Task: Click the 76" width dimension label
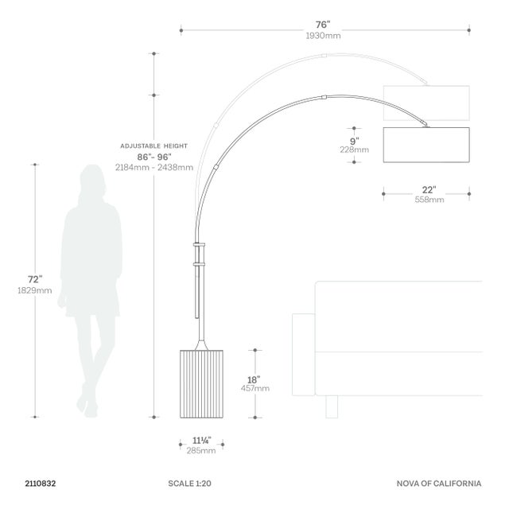coord(323,25)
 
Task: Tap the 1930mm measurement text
coord(323,36)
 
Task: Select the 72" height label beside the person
coord(35,279)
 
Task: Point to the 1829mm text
coord(35,290)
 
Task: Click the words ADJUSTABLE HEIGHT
coord(153,146)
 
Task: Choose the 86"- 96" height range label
coord(154,157)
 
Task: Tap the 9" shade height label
coord(354,142)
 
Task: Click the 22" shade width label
coord(429,189)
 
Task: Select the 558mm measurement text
coord(429,200)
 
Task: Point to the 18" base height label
coord(254,379)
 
